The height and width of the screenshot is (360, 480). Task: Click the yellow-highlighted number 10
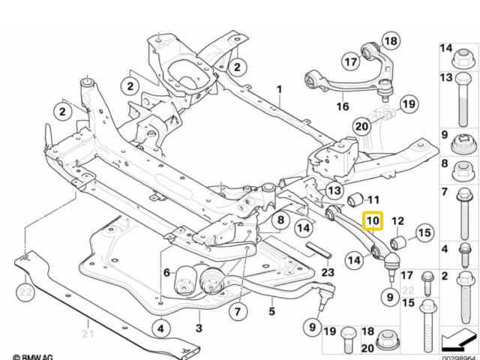[x=373, y=222]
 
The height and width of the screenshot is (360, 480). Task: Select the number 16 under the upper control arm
[x=342, y=107]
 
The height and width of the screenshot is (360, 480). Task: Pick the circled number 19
[x=407, y=103]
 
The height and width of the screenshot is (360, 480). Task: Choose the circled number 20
[x=362, y=127]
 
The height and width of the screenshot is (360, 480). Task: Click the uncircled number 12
[x=397, y=221]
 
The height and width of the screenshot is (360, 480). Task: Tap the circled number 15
[x=424, y=233]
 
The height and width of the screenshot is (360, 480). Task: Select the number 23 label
[x=327, y=272]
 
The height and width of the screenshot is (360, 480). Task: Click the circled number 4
[x=160, y=327]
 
